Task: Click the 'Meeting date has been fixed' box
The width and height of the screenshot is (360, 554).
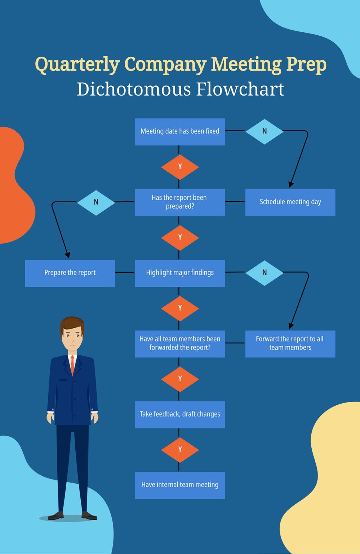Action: [x=180, y=132]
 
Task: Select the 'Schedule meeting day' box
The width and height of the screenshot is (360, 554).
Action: [x=290, y=202]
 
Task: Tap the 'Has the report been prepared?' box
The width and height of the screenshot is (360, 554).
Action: [x=180, y=202]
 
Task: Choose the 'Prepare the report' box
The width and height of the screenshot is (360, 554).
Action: [x=70, y=273]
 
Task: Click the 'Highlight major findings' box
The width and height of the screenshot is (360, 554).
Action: [x=180, y=273]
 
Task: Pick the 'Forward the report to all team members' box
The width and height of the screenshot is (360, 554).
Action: [x=290, y=344]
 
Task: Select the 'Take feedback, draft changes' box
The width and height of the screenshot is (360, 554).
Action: [x=180, y=414]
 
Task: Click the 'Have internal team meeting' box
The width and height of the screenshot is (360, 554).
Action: [x=180, y=485]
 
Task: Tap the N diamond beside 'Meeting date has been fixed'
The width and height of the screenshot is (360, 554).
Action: [x=265, y=131]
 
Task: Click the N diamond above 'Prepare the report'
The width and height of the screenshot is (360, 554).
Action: [x=96, y=202]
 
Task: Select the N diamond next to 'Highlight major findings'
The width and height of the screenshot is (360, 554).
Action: [x=265, y=273]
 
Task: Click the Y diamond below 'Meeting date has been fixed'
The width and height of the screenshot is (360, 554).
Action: [x=180, y=167]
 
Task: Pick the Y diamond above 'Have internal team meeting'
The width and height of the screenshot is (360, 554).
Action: [x=180, y=450]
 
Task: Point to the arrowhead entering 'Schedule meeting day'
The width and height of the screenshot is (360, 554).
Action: [x=291, y=184]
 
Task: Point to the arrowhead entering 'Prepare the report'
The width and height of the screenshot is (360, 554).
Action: [x=67, y=255]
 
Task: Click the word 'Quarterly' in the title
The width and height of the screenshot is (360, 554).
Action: [x=77, y=65]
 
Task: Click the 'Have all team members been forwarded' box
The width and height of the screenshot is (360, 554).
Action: [x=180, y=344]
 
